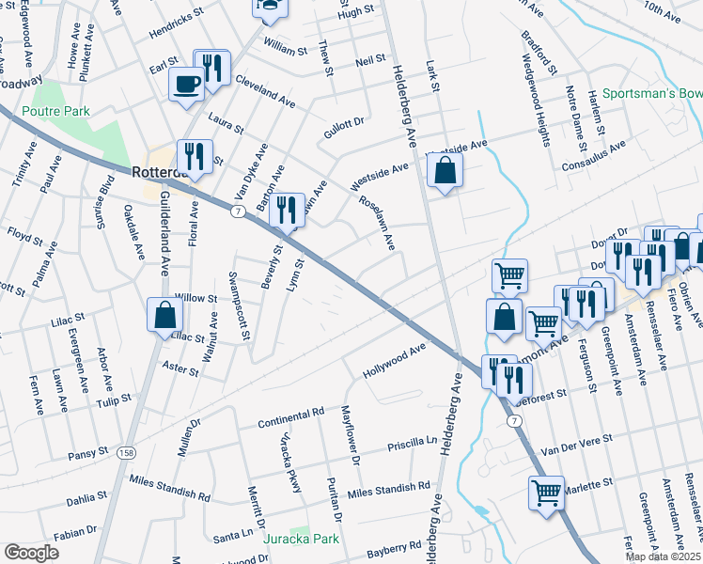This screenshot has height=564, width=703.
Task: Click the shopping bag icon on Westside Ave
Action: pyautogui.click(x=445, y=171)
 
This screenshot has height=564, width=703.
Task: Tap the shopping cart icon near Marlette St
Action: pyautogui.click(x=546, y=492)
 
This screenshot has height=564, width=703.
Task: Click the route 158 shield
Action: pyautogui.click(x=125, y=454)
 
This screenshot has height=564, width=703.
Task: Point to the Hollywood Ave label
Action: pyautogui.click(x=395, y=362)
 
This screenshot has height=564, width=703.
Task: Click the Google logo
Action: pyautogui.click(x=31, y=552)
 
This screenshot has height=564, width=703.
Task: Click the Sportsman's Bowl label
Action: pyautogui.click(x=652, y=94)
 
